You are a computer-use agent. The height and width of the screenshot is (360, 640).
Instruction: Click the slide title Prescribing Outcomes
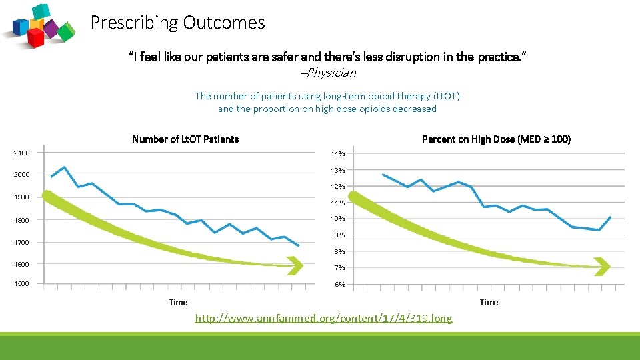click(177, 23)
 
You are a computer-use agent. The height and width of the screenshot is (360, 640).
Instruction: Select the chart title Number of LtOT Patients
click(185, 139)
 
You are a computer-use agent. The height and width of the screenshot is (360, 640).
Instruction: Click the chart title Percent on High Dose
click(496, 139)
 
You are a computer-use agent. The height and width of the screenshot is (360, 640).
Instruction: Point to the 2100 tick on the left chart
click(22, 153)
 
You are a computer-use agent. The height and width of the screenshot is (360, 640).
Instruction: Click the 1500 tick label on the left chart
click(22, 284)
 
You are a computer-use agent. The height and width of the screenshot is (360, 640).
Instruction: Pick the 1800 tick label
click(22, 220)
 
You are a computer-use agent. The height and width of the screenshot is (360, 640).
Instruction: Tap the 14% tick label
click(338, 154)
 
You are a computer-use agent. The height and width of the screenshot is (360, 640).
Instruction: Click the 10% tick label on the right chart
click(338, 219)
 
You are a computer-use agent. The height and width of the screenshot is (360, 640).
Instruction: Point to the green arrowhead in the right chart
click(602, 267)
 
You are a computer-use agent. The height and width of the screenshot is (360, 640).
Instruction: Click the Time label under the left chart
click(178, 303)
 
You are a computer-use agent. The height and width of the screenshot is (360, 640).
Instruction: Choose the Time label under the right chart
click(489, 303)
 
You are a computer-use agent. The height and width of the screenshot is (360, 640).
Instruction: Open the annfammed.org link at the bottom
click(323, 319)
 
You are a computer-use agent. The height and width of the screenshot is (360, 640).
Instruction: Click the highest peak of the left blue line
click(64, 167)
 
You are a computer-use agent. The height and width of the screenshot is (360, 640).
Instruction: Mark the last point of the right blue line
click(610, 217)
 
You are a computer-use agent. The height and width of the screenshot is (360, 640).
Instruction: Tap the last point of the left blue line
click(299, 246)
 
